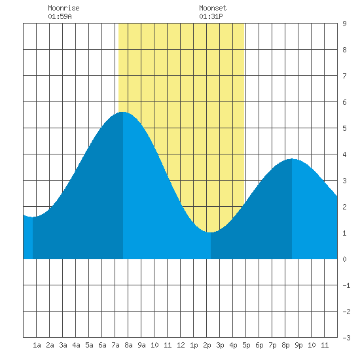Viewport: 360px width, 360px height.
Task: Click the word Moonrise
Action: tap(63, 8)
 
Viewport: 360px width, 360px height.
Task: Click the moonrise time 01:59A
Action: tap(60, 16)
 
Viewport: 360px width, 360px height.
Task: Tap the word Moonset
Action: tap(213, 8)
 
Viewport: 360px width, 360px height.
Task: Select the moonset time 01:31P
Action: tap(211, 16)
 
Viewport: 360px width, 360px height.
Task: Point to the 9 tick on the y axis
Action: tap(344, 24)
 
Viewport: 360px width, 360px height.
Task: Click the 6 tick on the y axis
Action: tap(344, 102)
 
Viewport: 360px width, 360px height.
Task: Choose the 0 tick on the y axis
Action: tap(344, 259)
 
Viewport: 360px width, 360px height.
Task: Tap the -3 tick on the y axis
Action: tap(346, 338)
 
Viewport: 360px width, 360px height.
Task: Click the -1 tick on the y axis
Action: tap(346, 285)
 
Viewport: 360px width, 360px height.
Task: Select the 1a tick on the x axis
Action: tap(37, 345)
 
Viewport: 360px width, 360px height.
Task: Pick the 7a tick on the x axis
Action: tap(115, 345)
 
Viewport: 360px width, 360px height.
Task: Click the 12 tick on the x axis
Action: tap(181, 345)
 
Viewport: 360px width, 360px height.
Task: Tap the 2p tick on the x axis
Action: tap(207, 345)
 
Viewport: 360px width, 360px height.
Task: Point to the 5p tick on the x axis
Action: tap(246, 345)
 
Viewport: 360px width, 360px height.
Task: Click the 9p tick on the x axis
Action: tap(298, 345)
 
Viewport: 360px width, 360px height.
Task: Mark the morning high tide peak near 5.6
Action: tap(123, 112)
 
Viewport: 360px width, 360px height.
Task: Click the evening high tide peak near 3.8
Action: tap(292, 158)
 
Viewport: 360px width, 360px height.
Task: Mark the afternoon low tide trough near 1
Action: tap(211, 232)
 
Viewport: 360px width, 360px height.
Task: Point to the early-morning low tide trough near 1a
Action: tap(33, 217)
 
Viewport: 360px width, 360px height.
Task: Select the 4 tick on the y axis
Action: tap(344, 154)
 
